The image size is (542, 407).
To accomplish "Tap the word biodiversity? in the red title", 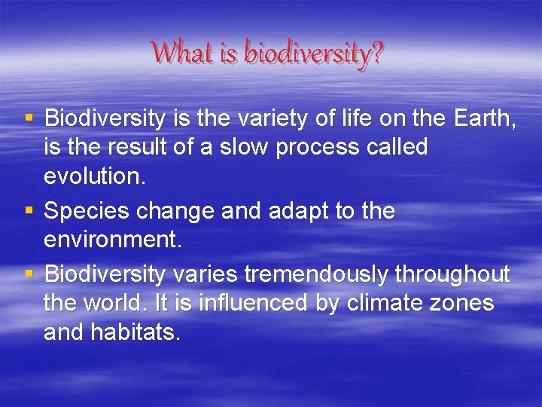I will pyautogui.click(x=314, y=54).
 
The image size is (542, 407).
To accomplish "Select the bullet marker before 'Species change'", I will pyautogui.click(x=28, y=210).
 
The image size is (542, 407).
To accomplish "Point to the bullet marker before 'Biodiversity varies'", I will pyautogui.click(x=28, y=272).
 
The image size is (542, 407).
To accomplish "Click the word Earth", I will pyautogui.click(x=486, y=118).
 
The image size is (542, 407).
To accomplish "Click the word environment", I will pyautogui.click(x=110, y=241).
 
